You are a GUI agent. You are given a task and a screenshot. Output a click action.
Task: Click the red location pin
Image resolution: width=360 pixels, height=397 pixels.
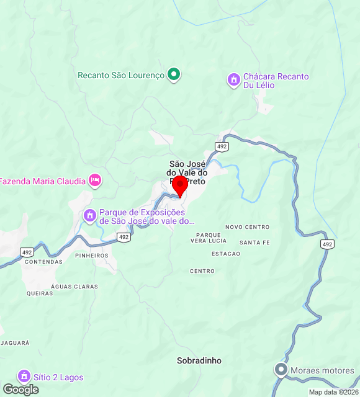(180, 185)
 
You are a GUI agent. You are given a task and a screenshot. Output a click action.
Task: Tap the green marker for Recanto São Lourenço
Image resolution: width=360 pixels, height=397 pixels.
(174, 75)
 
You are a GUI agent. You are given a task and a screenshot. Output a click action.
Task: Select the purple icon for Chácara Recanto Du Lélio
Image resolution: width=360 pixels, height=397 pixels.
(233, 80)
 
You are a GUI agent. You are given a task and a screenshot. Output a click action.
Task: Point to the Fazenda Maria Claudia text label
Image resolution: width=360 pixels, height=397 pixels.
(42, 182)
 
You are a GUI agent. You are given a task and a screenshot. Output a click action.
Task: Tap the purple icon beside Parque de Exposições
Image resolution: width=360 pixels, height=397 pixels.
(89, 216)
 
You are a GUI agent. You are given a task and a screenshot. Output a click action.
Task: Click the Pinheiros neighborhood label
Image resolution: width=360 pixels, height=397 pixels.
(91, 256)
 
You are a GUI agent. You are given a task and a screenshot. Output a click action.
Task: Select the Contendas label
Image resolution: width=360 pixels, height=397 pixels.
(43, 262)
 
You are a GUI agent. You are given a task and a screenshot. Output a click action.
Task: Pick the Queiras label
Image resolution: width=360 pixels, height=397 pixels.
(40, 293)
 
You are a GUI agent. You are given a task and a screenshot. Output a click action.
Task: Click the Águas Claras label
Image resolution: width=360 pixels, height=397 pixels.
(74, 287)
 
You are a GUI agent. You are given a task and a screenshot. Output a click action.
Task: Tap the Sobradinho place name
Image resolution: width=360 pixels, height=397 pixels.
(199, 360)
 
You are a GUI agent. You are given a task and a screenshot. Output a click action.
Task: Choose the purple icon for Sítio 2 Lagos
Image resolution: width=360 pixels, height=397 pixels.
(24, 377)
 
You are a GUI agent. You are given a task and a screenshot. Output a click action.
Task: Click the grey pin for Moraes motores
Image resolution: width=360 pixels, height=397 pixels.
(281, 370)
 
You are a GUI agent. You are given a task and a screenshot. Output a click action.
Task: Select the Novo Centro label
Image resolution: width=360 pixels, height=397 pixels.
(248, 227)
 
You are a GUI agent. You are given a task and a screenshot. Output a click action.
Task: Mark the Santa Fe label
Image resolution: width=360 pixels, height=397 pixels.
(254, 243)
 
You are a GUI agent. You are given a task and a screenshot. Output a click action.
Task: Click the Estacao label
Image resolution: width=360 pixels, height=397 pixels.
(226, 254)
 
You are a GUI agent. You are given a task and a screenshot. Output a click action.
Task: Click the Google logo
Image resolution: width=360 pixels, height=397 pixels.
(20, 390)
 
